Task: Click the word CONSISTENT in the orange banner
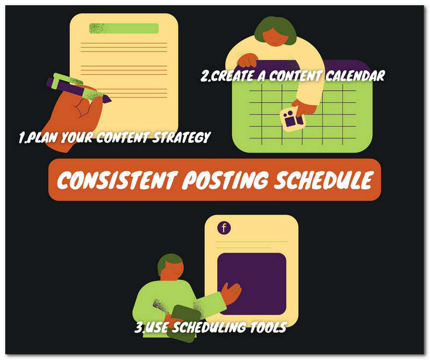(x=117, y=180)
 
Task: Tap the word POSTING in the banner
(x=225, y=180)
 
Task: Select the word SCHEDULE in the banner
(x=324, y=180)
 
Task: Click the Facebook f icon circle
(x=224, y=228)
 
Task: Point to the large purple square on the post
(x=252, y=284)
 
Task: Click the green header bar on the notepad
(x=124, y=28)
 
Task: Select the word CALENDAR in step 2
(x=355, y=75)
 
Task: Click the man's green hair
(x=169, y=261)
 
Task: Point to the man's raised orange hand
(x=231, y=293)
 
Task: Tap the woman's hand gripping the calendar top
(x=247, y=60)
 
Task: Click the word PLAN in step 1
(x=42, y=137)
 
